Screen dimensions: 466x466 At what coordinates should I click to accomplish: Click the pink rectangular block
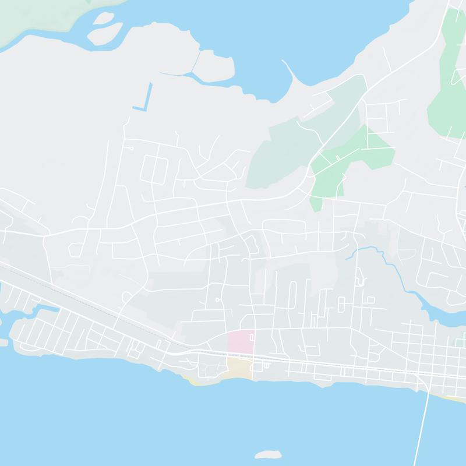tap(241, 341)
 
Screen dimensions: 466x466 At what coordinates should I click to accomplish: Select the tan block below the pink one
tap(239, 368)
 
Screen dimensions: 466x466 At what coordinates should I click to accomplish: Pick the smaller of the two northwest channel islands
tap(103, 18)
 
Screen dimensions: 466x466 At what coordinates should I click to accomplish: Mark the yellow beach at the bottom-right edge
tap(454, 399)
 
